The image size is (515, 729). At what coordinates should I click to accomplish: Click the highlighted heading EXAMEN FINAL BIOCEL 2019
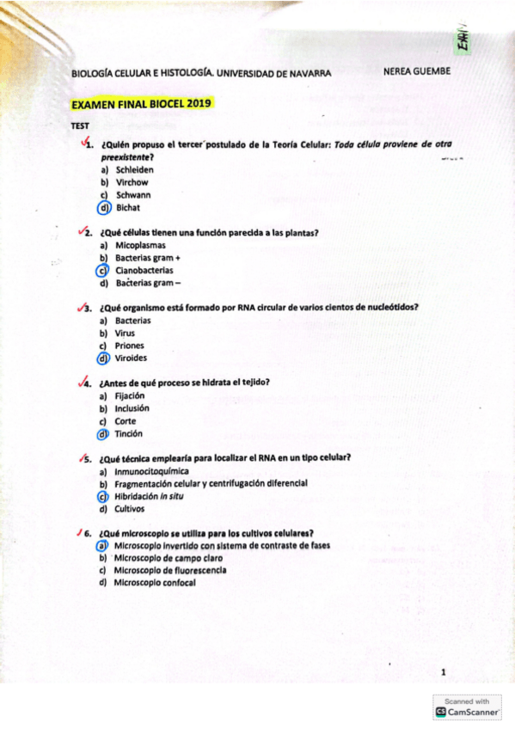(142, 104)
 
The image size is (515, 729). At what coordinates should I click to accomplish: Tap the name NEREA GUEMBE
(416, 71)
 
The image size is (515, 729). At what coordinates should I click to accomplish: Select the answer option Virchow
(132, 182)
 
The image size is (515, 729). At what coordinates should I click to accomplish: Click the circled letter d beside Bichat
(104, 207)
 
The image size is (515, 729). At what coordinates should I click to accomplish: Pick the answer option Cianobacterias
(144, 270)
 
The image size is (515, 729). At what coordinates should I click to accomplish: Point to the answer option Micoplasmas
(140, 246)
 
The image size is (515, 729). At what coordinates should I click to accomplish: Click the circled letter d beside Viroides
(104, 358)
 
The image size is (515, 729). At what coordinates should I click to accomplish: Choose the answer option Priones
(130, 346)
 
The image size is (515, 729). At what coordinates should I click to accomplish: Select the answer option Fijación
(130, 396)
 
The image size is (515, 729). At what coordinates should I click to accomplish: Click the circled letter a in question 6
(102, 545)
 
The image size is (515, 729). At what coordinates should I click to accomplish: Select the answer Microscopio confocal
(155, 583)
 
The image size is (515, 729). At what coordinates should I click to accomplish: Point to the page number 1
(442, 672)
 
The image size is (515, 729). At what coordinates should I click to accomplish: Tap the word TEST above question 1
(81, 126)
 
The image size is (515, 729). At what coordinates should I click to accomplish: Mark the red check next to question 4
(83, 382)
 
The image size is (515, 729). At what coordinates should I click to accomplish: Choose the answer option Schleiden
(134, 170)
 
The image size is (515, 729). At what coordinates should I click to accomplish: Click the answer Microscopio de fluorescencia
(170, 570)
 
